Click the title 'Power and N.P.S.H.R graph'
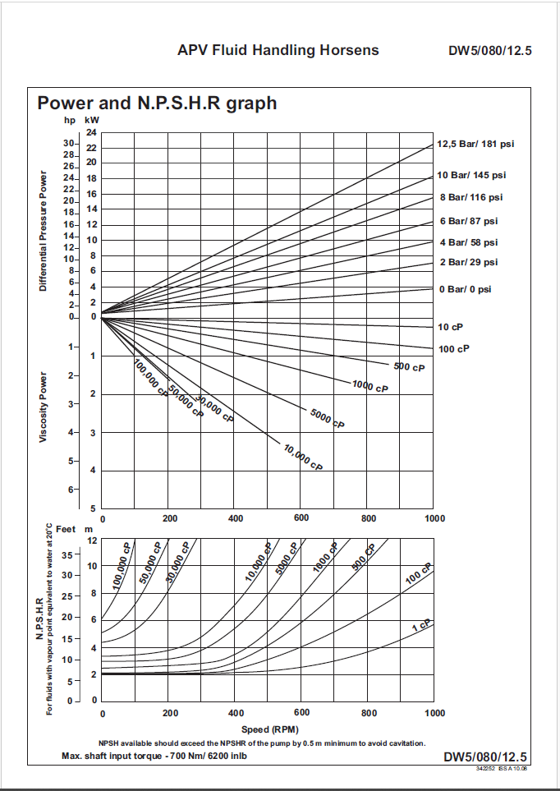(157, 103)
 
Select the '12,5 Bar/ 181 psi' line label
(475, 144)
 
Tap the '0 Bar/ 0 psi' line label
(464, 290)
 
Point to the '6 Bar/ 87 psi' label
(468, 221)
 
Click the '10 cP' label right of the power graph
(452, 327)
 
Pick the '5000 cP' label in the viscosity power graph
(328, 417)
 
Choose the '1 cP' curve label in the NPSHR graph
(420, 627)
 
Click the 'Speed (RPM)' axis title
(269, 729)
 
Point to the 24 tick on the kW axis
(91, 133)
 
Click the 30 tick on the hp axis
(69, 143)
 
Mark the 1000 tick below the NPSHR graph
(434, 713)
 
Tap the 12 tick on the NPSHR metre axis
(92, 540)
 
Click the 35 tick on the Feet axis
(67, 554)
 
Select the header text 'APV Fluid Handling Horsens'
(278, 50)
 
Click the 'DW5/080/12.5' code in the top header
(490, 51)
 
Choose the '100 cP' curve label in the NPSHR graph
(418, 574)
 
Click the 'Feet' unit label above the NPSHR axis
(65, 530)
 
